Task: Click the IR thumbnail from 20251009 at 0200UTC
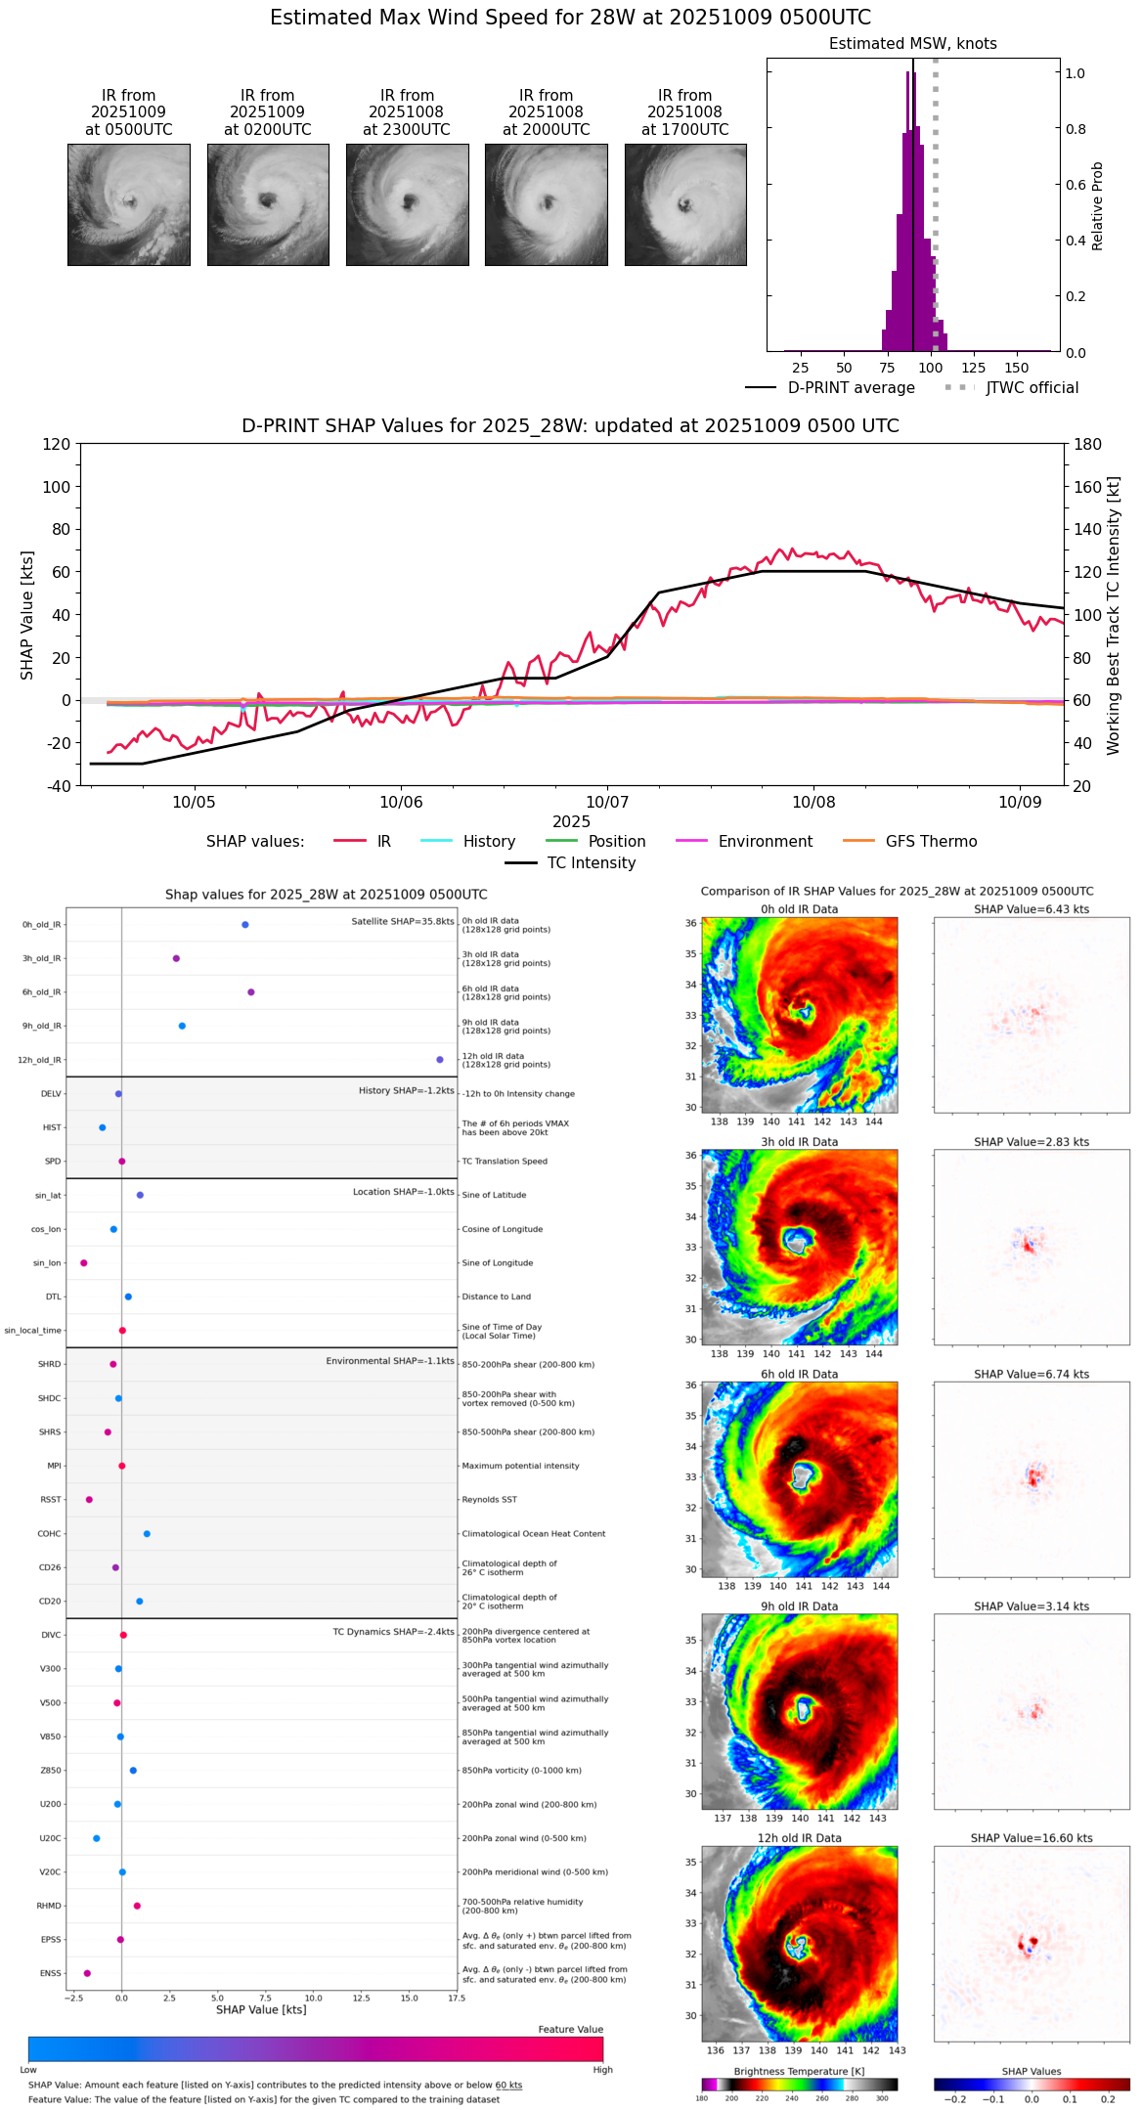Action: tap(268, 204)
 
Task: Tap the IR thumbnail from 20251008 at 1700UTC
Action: tap(685, 204)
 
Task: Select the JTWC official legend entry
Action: tap(1032, 388)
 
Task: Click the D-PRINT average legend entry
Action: tap(851, 388)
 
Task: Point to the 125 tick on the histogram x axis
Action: tap(973, 369)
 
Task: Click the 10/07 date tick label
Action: tap(607, 803)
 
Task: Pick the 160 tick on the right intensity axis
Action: tap(1088, 487)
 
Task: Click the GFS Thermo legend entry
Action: tap(931, 842)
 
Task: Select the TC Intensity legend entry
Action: tap(591, 863)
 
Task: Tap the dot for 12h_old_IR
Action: tap(440, 1060)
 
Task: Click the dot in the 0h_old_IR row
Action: tap(245, 925)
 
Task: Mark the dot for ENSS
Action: tap(87, 1973)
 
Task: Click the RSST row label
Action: tap(50, 1500)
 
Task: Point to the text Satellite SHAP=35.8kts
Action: tap(403, 922)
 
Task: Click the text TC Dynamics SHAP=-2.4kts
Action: tap(393, 1632)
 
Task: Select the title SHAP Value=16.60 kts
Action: tap(1032, 1838)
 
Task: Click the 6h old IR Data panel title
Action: tap(799, 1375)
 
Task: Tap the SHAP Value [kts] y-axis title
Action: tap(27, 615)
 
